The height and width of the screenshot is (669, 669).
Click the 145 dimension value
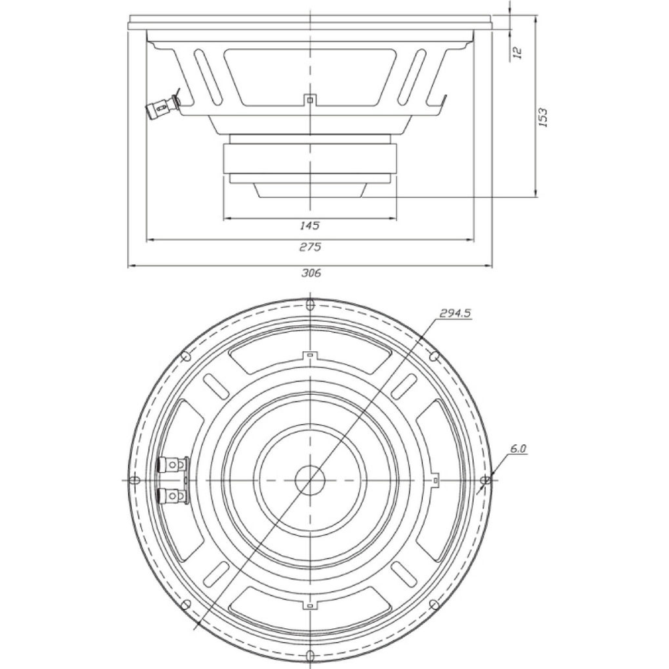(x=310, y=225)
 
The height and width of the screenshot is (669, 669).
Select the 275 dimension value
(x=310, y=247)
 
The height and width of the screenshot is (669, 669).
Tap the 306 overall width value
(x=311, y=273)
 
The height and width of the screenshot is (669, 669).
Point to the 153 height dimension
(x=543, y=117)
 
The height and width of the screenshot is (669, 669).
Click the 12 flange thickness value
(x=517, y=52)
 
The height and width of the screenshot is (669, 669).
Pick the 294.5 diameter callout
(x=455, y=314)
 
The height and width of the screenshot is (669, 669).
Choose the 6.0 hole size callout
(x=518, y=448)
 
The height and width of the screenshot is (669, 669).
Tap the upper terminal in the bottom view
(x=173, y=464)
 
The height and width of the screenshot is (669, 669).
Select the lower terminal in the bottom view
(x=173, y=495)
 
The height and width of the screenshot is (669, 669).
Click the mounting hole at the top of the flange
(x=310, y=304)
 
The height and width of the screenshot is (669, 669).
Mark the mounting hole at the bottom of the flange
(x=310, y=655)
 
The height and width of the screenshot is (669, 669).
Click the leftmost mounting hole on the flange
(x=135, y=480)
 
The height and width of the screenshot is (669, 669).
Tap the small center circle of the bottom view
(x=310, y=480)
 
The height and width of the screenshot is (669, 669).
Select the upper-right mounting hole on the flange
(x=434, y=356)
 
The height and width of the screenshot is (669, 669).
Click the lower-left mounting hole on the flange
(x=186, y=604)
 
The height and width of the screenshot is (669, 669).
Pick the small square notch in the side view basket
(x=310, y=100)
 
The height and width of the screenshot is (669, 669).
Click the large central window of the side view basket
(x=310, y=76)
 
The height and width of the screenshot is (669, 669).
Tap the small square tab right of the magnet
(x=435, y=480)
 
